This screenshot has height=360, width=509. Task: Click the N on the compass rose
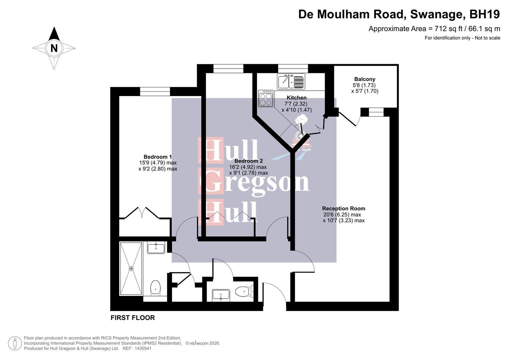coord(54,48)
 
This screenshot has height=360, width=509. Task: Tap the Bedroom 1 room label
coord(158,157)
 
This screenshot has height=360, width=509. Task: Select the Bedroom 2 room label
coord(248,161)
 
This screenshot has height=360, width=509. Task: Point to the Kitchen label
coord(296,98)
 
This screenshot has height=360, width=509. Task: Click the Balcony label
coord(365,79)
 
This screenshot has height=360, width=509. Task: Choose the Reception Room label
coord(344,209)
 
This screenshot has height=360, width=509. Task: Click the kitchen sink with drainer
coord(291,81)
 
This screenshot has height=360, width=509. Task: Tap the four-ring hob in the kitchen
coord(266,99)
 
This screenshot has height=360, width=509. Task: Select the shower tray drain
coord(131,269)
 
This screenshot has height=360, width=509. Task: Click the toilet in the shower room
coord(155,287)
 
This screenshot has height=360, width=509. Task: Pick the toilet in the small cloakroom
coord(242,292)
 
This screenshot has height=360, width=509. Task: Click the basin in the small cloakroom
coord(221,295)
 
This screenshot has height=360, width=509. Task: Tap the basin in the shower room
coord(156,248)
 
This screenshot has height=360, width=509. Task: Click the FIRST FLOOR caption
coord(133,318)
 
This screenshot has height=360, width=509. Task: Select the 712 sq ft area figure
coord(447,29)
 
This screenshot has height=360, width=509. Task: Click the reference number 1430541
coord(142,349)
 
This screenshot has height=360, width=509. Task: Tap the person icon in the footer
coord(15,343)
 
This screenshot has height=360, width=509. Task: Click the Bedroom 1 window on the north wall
coord(155,91)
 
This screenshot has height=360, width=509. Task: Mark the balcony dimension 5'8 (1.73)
coord(365,85)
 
